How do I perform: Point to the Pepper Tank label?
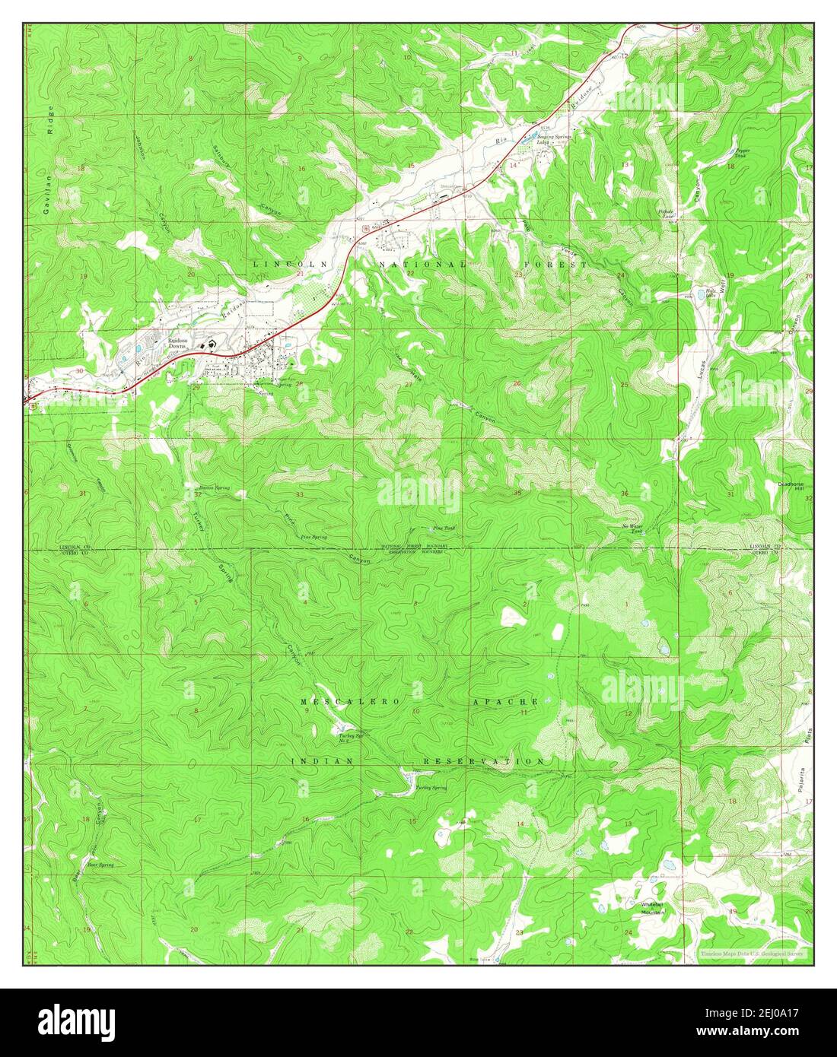point(742,152)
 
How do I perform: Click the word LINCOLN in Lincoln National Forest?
point(282,264)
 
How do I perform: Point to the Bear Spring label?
point(100,865)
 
